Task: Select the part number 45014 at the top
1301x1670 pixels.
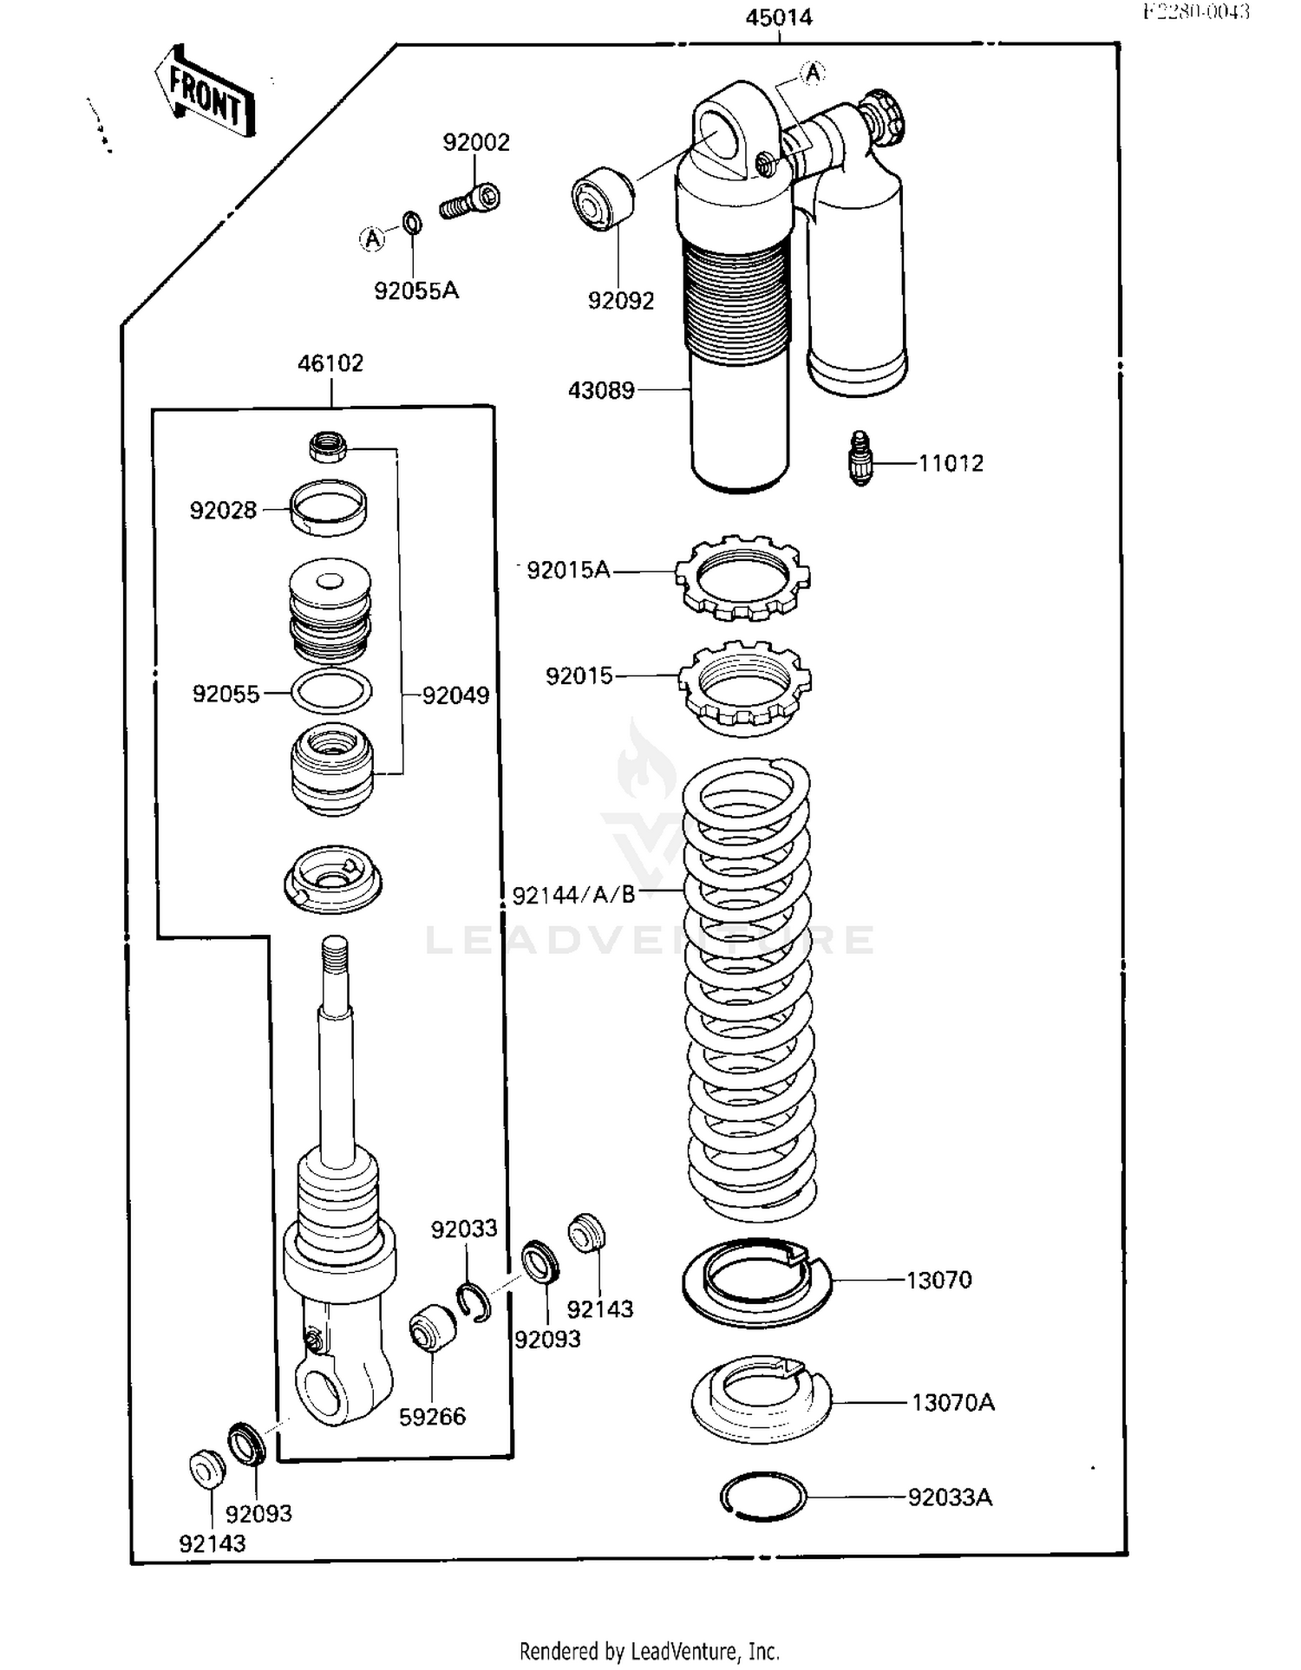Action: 778,17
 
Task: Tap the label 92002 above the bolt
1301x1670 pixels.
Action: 476,142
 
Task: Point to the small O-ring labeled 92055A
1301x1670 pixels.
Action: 414,224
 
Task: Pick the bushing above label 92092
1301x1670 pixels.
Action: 602,199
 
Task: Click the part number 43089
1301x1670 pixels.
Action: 601,390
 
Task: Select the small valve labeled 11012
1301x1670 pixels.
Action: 860,459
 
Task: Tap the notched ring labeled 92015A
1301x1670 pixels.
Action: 742,577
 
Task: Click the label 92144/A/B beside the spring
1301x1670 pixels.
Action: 573,895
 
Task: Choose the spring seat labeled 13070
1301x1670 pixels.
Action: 756,1282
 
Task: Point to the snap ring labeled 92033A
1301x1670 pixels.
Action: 763,1496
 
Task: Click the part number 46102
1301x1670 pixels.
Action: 330,363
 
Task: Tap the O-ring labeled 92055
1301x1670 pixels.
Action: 331,691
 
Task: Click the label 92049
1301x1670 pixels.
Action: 455,695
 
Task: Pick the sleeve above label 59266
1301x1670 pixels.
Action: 432,1327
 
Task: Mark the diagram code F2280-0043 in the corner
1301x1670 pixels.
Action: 1196,11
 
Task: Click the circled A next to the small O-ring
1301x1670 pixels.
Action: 372,238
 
